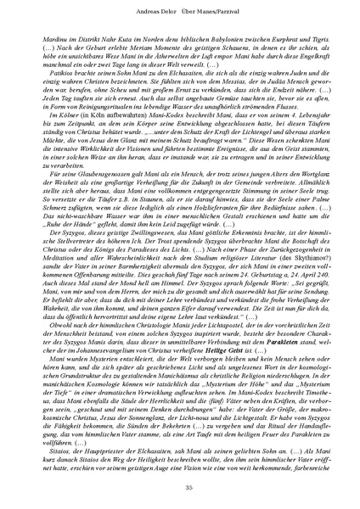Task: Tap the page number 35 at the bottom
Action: [x=180, y=486]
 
